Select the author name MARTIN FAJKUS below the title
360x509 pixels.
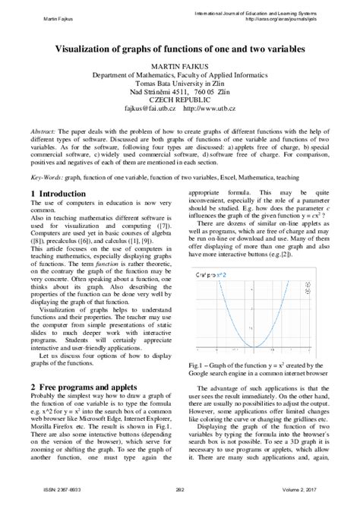pyautogui.click(x=180, y=67)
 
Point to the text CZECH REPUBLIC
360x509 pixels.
pyautogui.click(x=180, y=102)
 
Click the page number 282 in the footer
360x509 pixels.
pyautogui.click(x=180, y=498)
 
